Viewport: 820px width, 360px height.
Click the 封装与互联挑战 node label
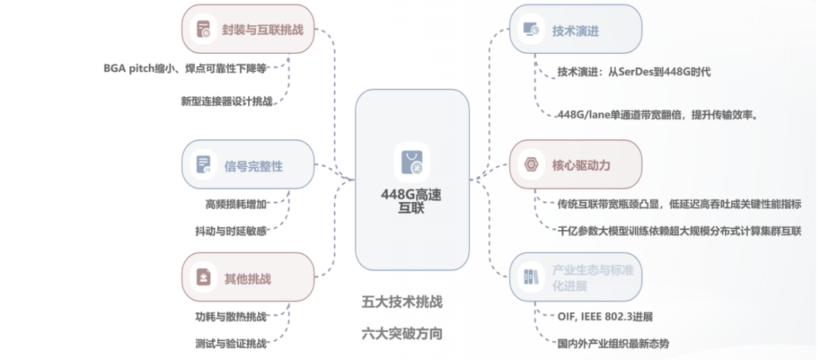point(263,29)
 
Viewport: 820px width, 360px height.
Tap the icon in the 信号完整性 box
point(203,164)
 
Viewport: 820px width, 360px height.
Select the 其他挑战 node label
point(248,278)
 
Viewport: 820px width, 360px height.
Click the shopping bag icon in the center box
point(412,160)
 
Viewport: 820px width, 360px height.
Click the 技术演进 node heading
point(576,31)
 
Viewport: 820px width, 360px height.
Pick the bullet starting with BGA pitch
point(185,68)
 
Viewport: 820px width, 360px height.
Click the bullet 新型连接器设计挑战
point(226,102)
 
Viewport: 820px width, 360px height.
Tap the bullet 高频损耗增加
point(236,204)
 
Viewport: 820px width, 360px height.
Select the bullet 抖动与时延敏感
point(231,230)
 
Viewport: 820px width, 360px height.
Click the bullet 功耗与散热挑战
point(231,316)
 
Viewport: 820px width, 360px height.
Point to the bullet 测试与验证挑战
point(231,343)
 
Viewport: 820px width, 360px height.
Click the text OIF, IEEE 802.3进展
point(605,316)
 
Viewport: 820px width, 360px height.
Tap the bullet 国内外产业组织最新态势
point(613,343)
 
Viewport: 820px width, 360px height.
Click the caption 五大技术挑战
point(402,302)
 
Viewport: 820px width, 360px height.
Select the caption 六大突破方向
point(402,333)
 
